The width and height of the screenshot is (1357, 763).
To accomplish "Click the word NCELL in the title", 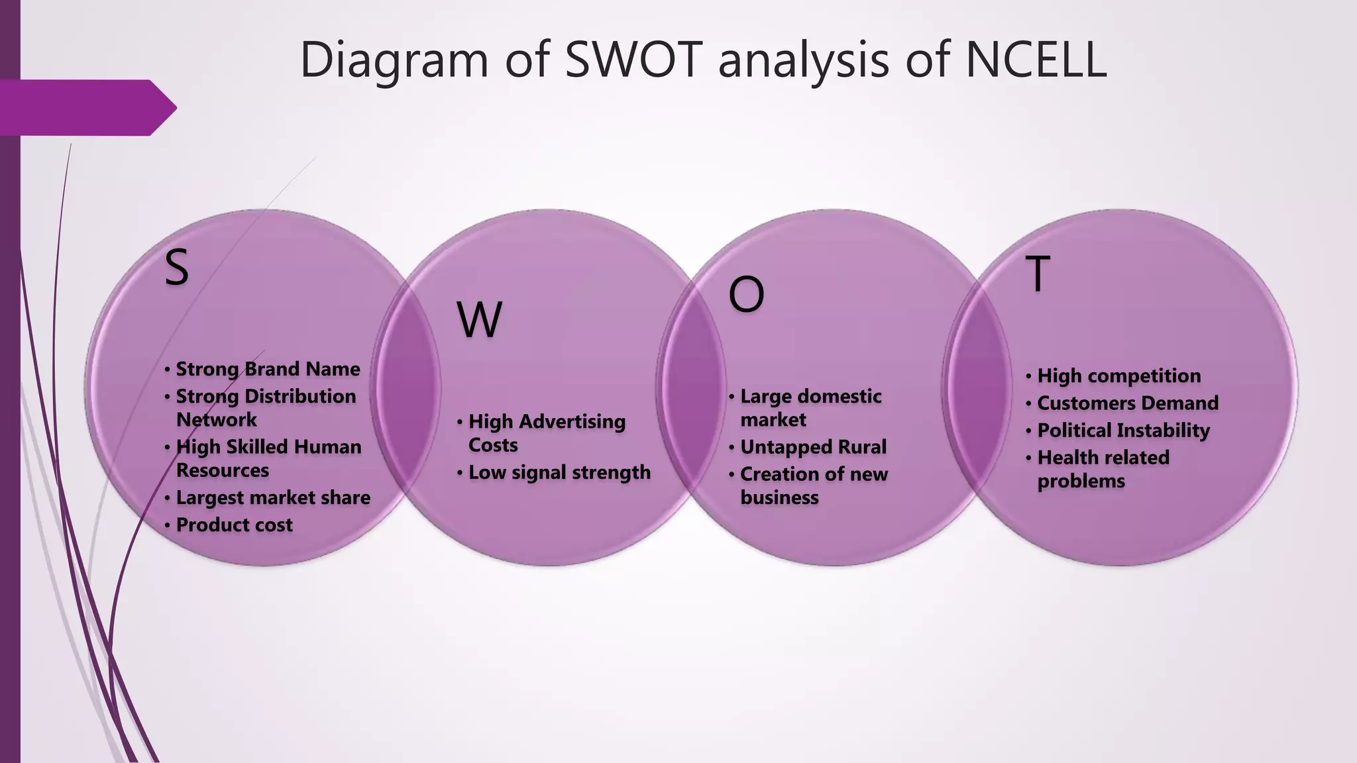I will coord(1036,60).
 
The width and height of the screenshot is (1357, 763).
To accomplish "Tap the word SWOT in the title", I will coord(633,60).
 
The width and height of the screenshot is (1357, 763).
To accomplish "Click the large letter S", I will coord(176,268).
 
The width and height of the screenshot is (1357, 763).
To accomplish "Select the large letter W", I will coord(479,320).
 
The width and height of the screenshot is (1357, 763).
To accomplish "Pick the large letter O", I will coord(746,295).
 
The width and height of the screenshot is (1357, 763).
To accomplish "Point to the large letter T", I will coord(1038,274).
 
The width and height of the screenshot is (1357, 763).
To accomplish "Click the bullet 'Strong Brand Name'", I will coord(268,369).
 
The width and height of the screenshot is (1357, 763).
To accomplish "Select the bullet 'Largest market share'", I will coord(273,497).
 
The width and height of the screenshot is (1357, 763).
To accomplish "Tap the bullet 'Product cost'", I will coord(234,525).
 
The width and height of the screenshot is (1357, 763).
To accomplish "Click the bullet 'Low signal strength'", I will coord(559,472).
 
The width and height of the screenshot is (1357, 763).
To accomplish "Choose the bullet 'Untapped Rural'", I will coord(813,447).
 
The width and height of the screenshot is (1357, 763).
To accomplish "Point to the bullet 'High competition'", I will coord(1118,376).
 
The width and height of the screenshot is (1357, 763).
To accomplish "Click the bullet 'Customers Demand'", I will coord(1128,403).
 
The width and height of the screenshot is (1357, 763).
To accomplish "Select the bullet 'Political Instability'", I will coord(1123,431).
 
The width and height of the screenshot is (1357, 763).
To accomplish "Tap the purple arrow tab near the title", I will coord(86,107).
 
